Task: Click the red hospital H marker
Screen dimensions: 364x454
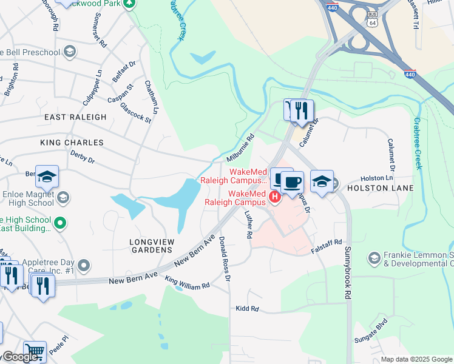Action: click(274, 196)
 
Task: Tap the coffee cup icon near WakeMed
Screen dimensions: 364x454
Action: click(292, 181)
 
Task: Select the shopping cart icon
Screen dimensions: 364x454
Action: click(36, 351)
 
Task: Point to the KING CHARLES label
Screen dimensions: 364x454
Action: click(72, 143)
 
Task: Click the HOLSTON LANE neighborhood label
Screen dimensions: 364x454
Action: click(380, 188)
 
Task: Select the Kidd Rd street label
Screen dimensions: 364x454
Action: click(247, 309)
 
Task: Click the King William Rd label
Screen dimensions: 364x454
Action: click(188, 283)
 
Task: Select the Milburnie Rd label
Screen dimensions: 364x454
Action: click(240, 148)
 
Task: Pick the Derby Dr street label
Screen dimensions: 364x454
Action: click(83, 159)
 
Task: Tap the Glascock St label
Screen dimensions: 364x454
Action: click(135, 113)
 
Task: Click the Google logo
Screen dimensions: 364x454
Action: click(21, 357)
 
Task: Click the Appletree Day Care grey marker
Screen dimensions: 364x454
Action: click(84, 265)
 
